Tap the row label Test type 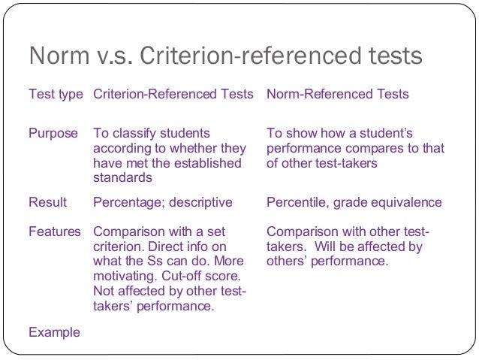coord(56,95)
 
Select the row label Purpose coord(53,133)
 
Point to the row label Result coord(47,202)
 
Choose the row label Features coord(55,231)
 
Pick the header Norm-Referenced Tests coord(338,95)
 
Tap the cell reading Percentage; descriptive coord(163,202)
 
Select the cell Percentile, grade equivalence coord(354,202)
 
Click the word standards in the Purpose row coord(122,178)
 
